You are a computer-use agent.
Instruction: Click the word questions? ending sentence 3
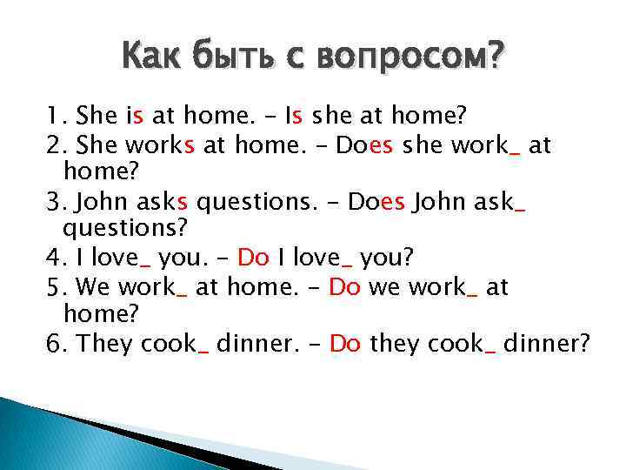[x=112, y=229]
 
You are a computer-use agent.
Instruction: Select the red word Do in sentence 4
[x=253, y=258]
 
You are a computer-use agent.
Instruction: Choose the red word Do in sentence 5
[x=344, y=288]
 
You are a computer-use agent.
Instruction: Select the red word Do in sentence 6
[x=345, y=344]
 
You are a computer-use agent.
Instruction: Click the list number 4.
[x=54, y=258]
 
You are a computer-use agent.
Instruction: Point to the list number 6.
[x=54, y=344]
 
